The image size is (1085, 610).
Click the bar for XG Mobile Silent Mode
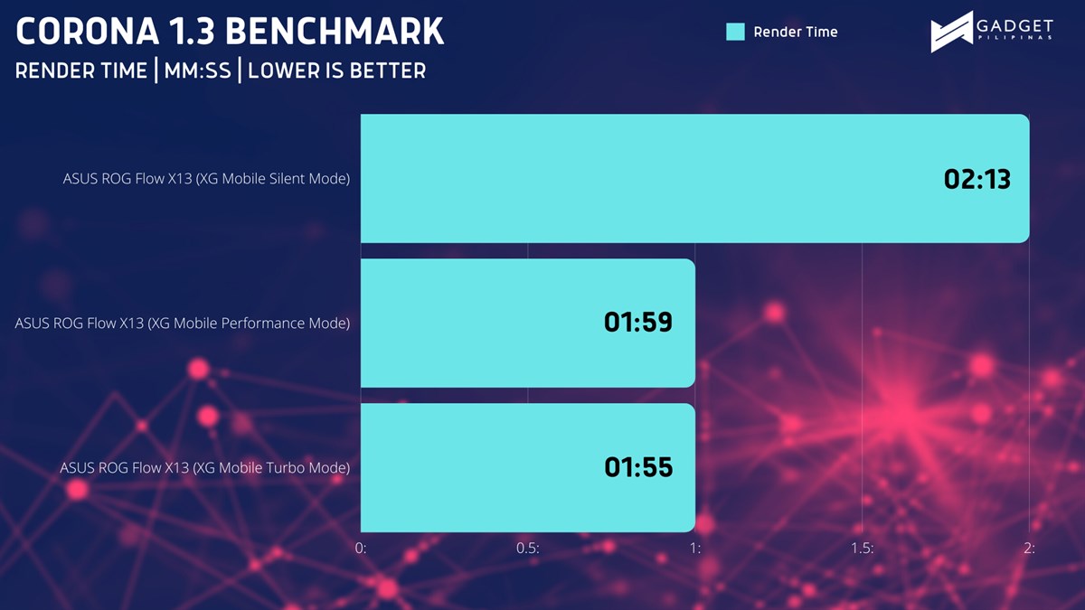(695, 178)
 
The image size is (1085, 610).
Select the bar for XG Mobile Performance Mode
(528, 323)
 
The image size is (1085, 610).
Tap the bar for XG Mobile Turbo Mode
(528, 468)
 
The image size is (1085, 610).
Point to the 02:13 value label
(977, 179)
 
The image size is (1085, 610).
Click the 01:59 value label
(638, 323)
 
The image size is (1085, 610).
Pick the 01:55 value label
(638, 467)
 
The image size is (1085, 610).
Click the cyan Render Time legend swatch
(735, 32)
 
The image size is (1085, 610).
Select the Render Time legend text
(796, 32)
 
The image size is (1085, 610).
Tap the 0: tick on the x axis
(361, 548)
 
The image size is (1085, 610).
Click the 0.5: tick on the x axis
(527, 548)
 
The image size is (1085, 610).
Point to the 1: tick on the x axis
(695, 548)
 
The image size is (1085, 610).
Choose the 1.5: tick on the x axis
(863, 548)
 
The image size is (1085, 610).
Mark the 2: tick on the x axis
(1029, 548)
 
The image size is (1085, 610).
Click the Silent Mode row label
(206, 179)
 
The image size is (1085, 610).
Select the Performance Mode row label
(182, 324)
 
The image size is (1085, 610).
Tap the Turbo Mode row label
(205, 468)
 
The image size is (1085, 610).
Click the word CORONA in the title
(88, 32)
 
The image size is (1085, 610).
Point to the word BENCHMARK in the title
(335, 32)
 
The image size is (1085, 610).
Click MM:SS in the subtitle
(198, 70)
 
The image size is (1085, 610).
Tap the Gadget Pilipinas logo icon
(951, 32)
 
